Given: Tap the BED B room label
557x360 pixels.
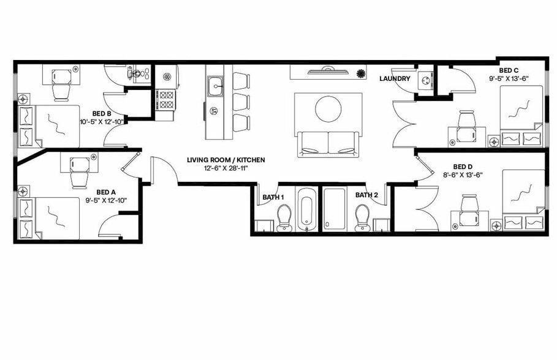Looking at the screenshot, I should (102, 113).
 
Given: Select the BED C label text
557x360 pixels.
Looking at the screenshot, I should (509, 70).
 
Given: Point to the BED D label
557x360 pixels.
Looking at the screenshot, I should (462, 166).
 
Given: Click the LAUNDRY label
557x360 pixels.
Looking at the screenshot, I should (395, 78).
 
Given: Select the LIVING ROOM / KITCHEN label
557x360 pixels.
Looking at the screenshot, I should (226, 160).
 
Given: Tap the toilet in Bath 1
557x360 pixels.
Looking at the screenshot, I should (284, 217).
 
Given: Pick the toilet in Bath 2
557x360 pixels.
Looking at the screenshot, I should (362, 217).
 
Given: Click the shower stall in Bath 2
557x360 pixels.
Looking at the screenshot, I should (335, 209).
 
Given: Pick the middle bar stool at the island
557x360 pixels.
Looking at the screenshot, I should (242, 100).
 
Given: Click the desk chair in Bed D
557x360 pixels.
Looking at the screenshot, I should (470, 203).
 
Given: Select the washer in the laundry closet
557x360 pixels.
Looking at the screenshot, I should (425, 80).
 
